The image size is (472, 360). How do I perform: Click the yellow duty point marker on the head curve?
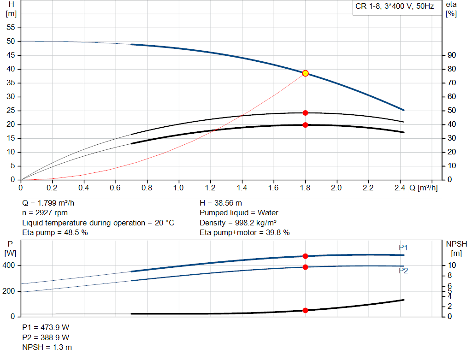[x=305, y=73]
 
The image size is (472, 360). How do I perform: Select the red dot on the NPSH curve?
[x=305, y=310]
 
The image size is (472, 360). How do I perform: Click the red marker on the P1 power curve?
[x=305, y=256]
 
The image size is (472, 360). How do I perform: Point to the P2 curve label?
[x=403, y=271]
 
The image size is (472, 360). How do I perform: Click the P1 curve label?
[x=403, y=248]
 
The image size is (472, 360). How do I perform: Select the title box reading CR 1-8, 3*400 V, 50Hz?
[x=394, y=6]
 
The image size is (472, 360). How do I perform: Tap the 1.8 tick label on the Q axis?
[x=305, y=188]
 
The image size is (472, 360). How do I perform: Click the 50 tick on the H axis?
[x=12, y=41]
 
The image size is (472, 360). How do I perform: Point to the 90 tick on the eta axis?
[x=452, y=55]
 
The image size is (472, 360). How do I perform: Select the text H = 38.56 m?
[x=221, y=203]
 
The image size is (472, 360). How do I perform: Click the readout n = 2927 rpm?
[x=45, y=213]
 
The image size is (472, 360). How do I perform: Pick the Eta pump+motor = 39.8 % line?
[x=244, y=233]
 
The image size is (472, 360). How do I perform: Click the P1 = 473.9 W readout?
[x=46, y=327]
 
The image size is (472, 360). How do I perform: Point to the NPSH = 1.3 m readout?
[x=47, y=347]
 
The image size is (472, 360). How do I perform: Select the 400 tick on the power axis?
[x=10, y=266]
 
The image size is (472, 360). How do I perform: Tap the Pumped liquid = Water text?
[x=239, y=213]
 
